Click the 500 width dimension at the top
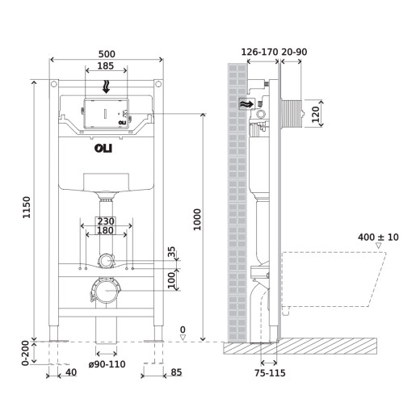[x=107, y=54]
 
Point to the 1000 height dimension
[x=198, y=218]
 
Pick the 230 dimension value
[x=106, y=220]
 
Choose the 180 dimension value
[x=106, y=231]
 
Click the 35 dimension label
[x=171, y=254]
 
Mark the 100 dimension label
[x=171, y=279]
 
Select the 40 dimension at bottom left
[x=71, y=372]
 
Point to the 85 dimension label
[x=176, y=372]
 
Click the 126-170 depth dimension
[x=259, y=52]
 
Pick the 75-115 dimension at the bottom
[x=269, y=374]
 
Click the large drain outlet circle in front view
[x=106, y=289]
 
